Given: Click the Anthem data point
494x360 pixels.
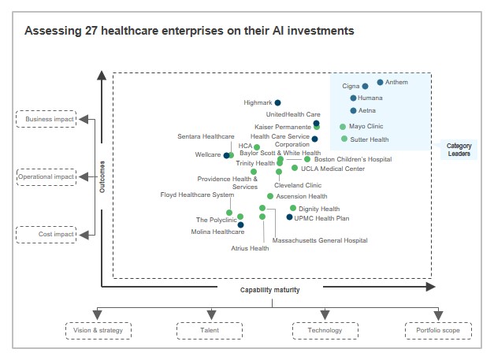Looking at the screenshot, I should [x=381, y=82].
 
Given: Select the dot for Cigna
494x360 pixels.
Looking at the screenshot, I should [x=365, y=86].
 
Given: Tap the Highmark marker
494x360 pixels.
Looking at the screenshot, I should [x=277, y=102].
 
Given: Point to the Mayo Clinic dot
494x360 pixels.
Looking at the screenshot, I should [x=343, y=126].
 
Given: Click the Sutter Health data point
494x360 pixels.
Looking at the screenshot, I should [x=344, y=139].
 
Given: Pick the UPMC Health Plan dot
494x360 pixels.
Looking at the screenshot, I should [x=288, y=217].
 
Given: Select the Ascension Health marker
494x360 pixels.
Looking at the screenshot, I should [x=270, y=196].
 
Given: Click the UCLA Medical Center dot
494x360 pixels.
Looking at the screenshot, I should [x=295, y=168].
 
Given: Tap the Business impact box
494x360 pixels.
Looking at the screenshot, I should [x=46, y=119].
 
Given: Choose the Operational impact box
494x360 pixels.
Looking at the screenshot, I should [x=46, y=176].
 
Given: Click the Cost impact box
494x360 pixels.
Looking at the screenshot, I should [x=46, y=234].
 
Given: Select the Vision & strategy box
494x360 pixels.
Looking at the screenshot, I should [x=98, y=330].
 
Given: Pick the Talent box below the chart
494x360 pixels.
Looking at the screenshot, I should [x=209, y=330].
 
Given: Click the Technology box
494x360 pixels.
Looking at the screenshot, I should [x=325, y=330].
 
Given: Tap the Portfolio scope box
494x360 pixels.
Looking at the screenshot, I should [x=438, y=330].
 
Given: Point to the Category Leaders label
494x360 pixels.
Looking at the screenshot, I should [x=459, y=150].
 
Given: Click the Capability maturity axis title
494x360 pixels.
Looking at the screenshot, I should [x=270, y=290].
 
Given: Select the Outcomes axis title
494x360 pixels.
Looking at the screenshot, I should [x=102, y=176].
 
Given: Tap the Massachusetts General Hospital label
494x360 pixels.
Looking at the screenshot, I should [x=319, y=240].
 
